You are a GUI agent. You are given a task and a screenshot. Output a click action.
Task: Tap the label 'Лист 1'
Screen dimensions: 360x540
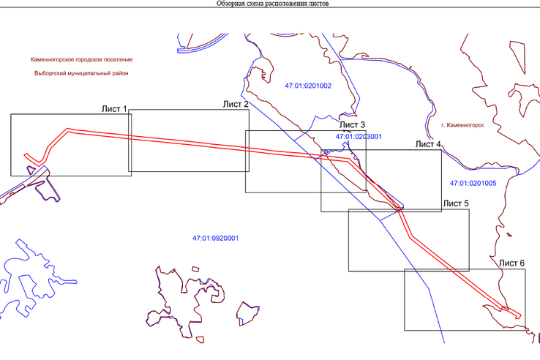click(115, 110)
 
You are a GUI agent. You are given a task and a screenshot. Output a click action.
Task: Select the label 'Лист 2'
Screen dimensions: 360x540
click(236, 105)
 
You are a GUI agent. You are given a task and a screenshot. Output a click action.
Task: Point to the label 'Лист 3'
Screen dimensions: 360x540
click(353, 125)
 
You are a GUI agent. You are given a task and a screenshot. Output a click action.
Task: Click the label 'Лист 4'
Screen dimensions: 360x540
click(428, 145)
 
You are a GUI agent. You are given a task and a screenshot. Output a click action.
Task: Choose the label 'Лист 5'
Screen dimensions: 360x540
click(455, 203)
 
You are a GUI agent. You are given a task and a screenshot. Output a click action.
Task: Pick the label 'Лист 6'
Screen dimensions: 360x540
click(511, 263)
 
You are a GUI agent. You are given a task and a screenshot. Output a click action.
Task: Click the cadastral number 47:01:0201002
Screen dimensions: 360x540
click(308, 86)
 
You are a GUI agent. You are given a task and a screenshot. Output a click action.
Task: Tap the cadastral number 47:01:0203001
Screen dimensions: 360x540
click(359, 137)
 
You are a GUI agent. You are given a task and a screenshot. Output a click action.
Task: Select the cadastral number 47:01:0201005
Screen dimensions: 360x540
click(473, 182)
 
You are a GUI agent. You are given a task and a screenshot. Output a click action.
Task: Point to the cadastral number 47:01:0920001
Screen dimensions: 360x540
click(217, 239)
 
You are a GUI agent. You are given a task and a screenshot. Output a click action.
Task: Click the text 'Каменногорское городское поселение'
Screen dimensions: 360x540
click(82, 59)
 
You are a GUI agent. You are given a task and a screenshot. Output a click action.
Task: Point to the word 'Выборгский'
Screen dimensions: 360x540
click(50, 74)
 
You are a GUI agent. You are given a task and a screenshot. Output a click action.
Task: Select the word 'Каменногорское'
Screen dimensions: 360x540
click(53, 59)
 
